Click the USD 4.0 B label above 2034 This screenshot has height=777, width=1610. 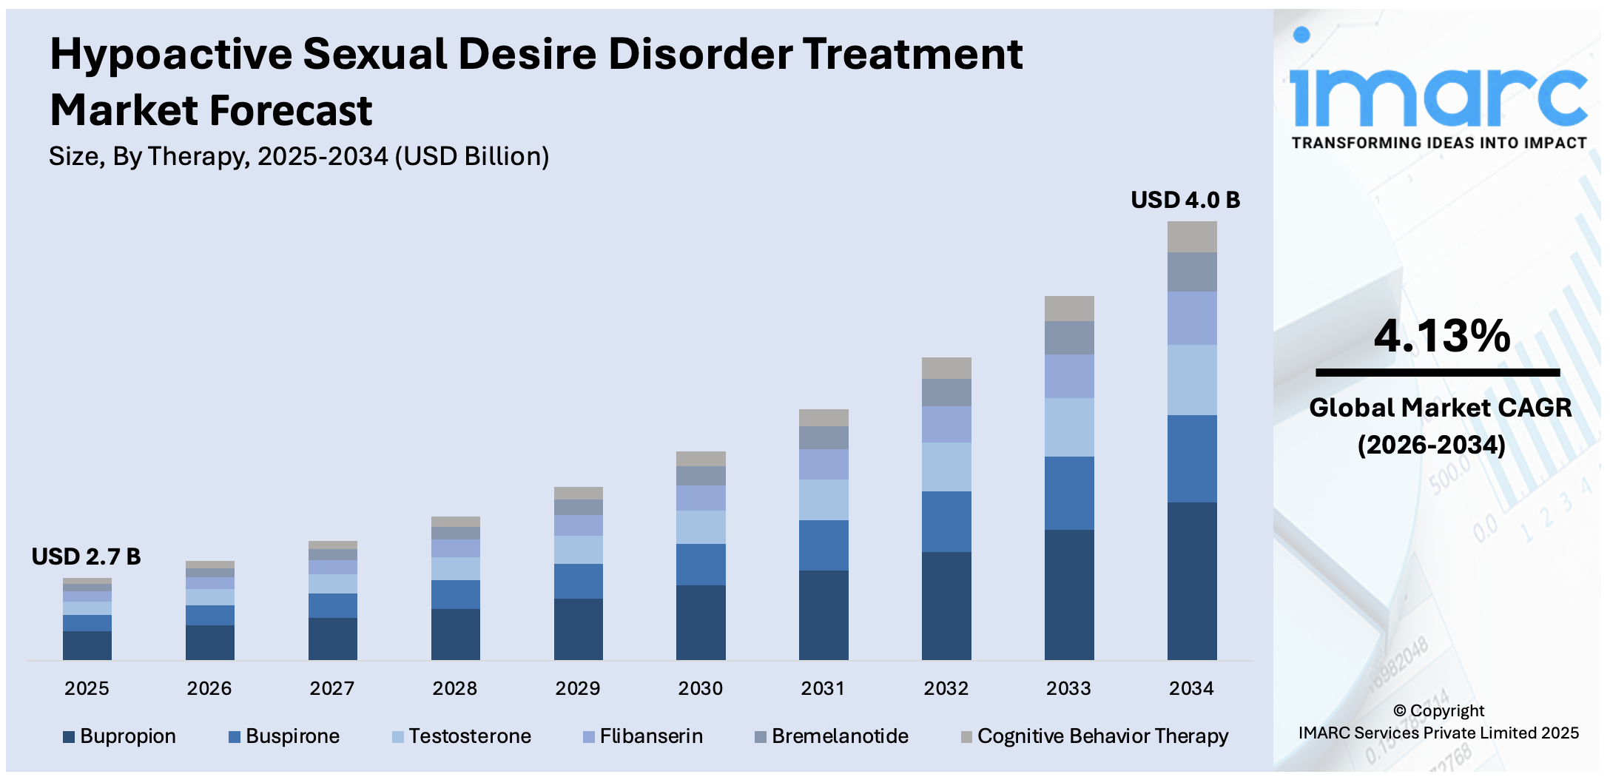point(1185,201)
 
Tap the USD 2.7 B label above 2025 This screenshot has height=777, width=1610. point(86,556)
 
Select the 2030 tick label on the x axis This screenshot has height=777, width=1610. point(700,689)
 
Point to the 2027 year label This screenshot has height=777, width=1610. point(331,689)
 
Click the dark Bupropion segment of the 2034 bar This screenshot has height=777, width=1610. point(1191,581)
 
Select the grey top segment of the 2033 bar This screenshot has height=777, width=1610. point(1068,309)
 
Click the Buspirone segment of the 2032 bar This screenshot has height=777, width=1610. point(946,522)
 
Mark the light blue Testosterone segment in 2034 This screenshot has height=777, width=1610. point(1191,380)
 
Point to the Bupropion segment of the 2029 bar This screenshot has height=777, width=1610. point(578,629)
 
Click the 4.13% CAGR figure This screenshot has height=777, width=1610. point(1441,337)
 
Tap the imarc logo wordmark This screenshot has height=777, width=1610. point(1438,96)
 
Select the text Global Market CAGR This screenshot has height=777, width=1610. point(1440,408)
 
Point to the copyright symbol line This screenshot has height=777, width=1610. point(1438,711)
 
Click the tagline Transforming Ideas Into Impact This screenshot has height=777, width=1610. point(1438,143)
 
